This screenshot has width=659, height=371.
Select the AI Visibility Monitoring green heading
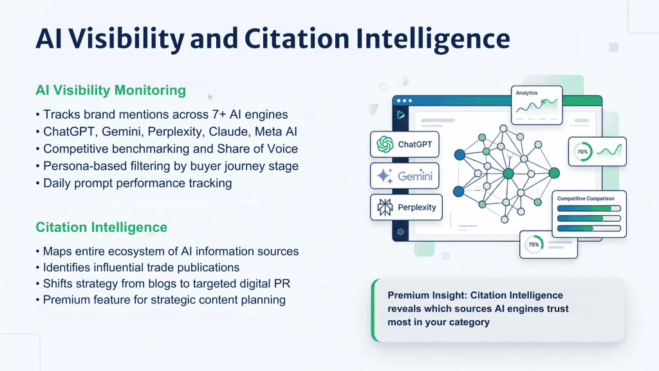click(111, 90)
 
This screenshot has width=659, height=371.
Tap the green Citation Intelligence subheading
click(102, 227)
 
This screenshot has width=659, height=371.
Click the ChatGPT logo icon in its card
click(385, 144)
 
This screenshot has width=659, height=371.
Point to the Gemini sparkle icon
click(385, 176)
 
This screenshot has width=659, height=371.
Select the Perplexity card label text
click(416, 207)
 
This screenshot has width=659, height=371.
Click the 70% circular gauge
click(582, 153)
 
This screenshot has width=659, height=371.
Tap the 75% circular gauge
click(534, 245)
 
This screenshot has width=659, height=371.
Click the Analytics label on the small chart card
click(526, 93)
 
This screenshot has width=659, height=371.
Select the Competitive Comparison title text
click(586, 199)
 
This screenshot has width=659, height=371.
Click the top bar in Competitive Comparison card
click(588, 209)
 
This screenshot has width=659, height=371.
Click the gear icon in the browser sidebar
click(401, 231)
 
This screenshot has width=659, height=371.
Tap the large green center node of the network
click(508, 173)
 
